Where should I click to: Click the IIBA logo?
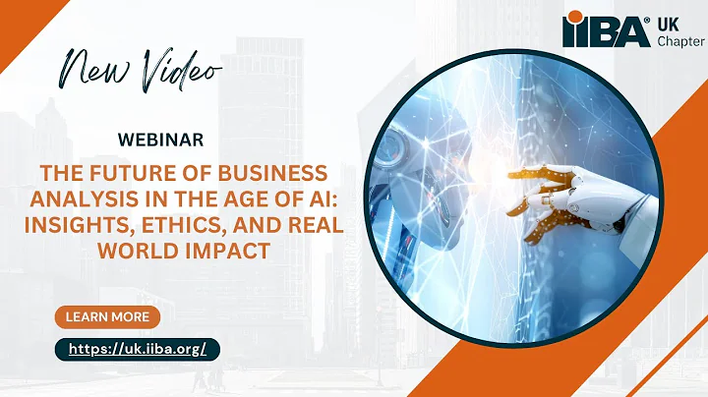605,29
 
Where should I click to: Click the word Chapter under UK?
679,39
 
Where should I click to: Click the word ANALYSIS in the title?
94,199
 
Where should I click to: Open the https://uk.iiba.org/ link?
137,349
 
